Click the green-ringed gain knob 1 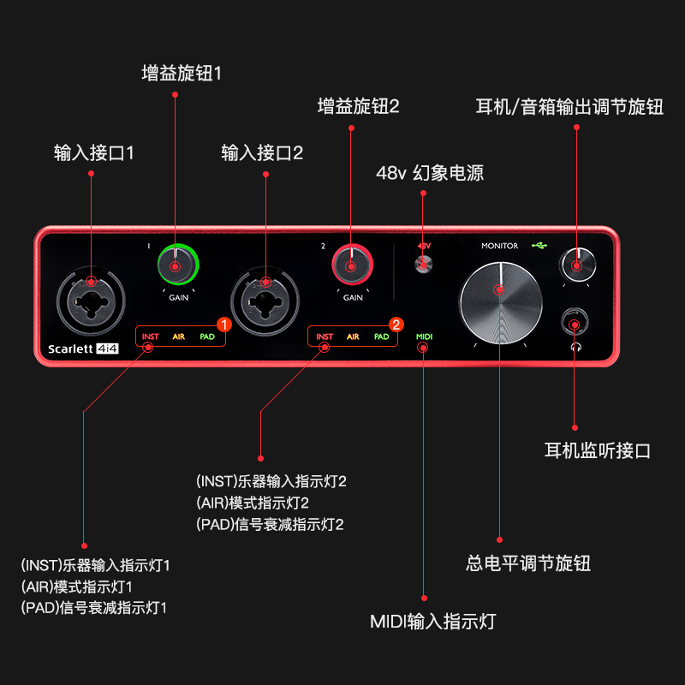[x=176, y=266]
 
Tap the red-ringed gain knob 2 [x=350, y=265]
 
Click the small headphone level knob [x=576, y=264]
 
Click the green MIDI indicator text [x=424, y=337]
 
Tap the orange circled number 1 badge [x=223, y=325]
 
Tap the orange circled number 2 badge [x=396, y=325]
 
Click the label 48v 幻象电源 [x=430, y=173]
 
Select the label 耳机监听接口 [x=598, y=450]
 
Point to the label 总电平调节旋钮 [x=528, y=563]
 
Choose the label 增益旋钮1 [x=182, y=73]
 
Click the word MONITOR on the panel [x=499, y=246]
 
